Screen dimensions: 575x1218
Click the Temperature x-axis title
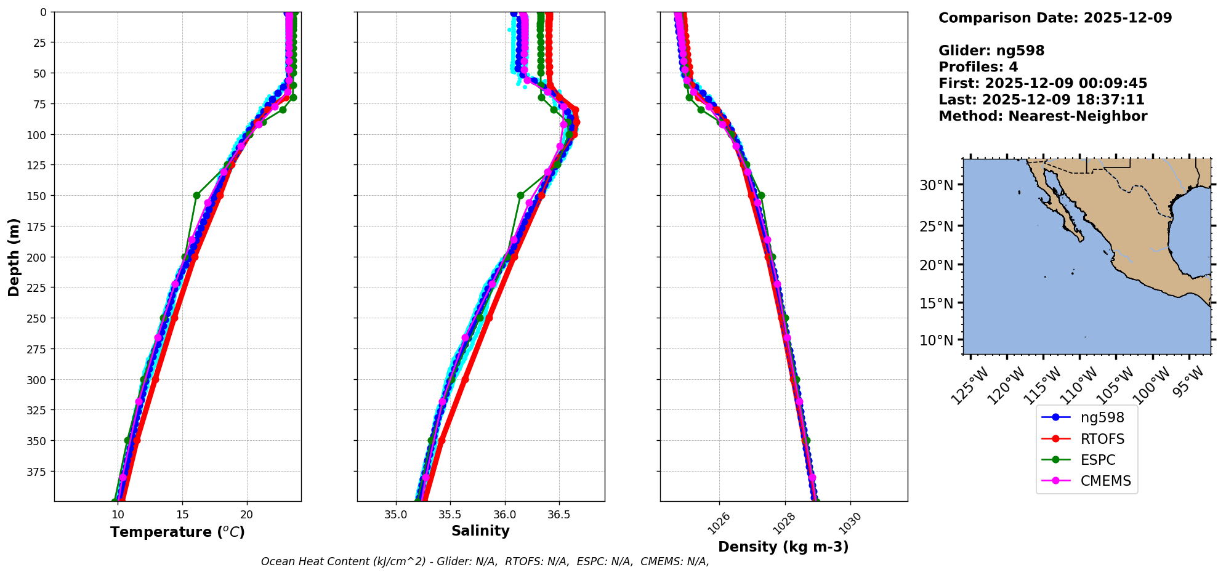177,532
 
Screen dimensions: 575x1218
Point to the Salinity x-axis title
480,531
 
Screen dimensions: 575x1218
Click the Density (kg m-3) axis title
783,547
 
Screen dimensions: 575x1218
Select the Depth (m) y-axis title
14,257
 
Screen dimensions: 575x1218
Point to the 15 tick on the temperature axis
182,515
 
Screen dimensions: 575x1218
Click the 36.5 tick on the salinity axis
558,515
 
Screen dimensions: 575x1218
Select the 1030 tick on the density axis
849,523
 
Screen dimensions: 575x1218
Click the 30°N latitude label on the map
936,185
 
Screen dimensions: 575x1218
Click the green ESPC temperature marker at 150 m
196,195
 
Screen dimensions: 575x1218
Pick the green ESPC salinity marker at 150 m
520,195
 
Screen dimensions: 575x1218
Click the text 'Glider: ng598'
991,50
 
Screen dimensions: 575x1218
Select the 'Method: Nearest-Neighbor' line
1043,116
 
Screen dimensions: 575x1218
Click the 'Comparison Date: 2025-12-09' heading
1055,18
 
